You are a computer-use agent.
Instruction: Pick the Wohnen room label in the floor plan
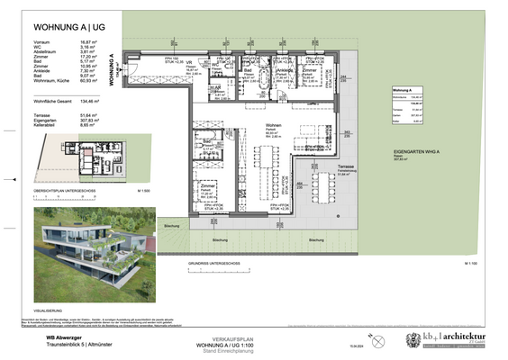click(272, 125)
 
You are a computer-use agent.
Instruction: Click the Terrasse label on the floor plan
click(345, 167)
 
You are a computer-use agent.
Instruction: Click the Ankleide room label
click(286, 70)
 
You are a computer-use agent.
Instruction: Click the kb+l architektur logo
click(456, 338)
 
